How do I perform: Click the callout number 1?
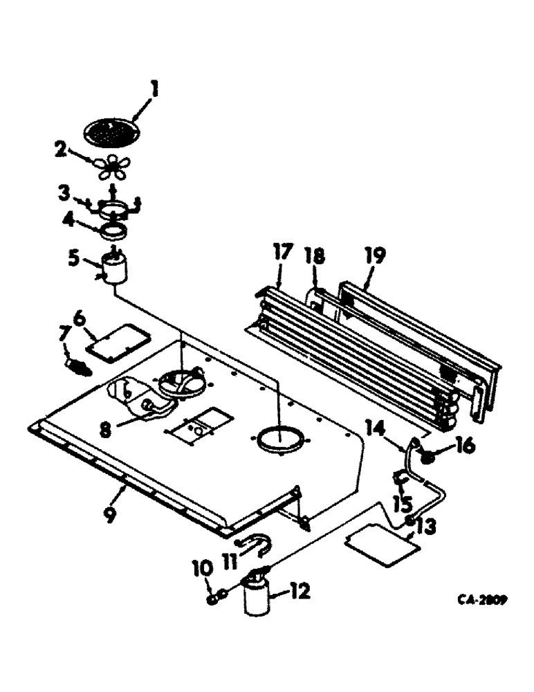pos(155,89)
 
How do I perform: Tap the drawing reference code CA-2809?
pos(480,601)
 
